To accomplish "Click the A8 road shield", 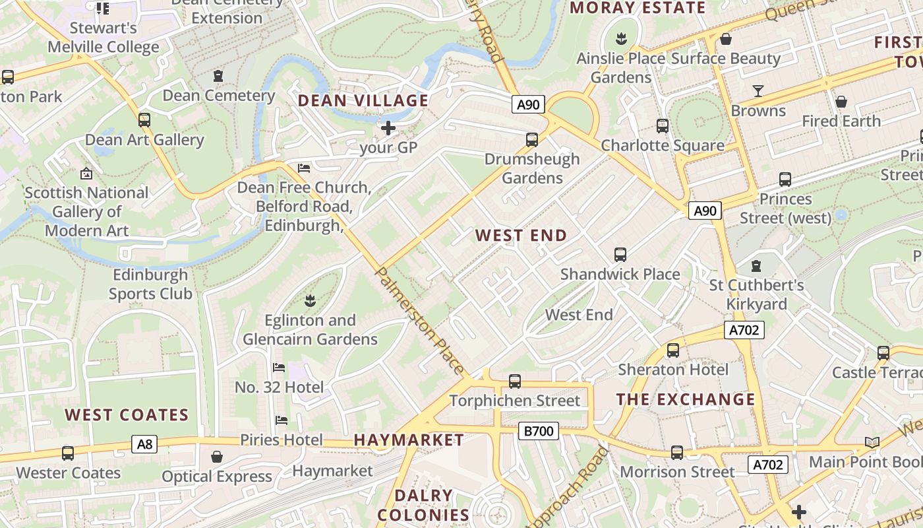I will (144, 444).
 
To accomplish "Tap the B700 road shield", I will (539, 431).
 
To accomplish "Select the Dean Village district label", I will (363, 100).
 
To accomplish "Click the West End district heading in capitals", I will (521, 236).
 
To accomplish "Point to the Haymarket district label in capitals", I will (409, 440).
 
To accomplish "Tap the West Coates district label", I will (127, 415).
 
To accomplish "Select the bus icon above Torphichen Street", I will (515, 381).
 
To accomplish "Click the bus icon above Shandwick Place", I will (620, 254).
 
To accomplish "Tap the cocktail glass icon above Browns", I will (758, 90).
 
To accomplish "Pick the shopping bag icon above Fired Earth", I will (841, 102).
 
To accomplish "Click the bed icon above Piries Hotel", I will (282, 420).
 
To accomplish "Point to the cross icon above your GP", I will (388, 127).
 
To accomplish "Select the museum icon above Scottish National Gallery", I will (86, 174).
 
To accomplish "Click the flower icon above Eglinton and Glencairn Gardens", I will (310, 301).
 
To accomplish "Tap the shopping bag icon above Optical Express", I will (217, 457).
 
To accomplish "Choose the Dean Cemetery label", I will (218, 96).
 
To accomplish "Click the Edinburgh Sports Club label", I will (150, 284).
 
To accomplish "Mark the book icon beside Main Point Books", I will (872, 442).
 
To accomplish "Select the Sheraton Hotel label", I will (672, 370).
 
